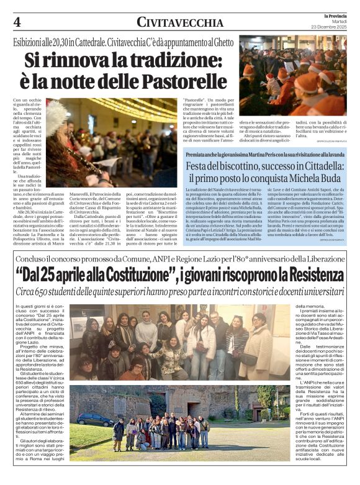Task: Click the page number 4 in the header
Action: pos(17,21)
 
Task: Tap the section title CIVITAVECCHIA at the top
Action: pos(180,22)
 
